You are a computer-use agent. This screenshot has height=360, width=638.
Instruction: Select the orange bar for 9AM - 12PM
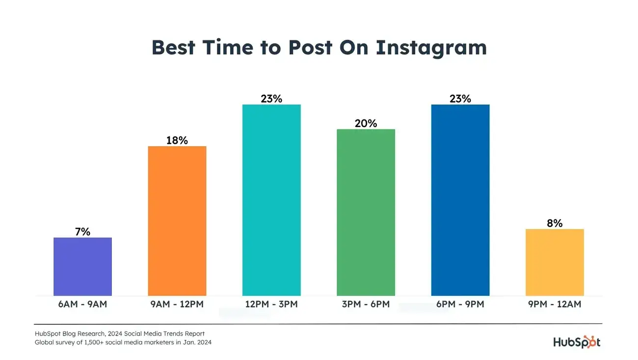(177, 221)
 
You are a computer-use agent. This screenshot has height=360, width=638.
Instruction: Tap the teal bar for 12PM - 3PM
(271, 200)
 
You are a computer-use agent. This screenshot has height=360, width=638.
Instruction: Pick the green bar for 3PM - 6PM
(366, 212)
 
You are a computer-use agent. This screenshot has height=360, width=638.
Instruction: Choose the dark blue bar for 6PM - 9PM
(460, 200)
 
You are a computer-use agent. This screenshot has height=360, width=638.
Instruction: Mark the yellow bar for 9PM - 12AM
(555, 262)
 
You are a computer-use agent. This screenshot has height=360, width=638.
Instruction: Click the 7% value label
(82, 232)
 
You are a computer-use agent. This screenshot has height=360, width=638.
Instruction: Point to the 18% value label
(177, 140)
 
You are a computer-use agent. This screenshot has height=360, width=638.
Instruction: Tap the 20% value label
(366, 124)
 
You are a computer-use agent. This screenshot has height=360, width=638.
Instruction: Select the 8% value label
(555, 223)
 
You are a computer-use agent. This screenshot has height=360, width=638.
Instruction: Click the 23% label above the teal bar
(271, 99)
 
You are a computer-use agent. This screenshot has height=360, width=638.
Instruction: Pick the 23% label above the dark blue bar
(460, 99)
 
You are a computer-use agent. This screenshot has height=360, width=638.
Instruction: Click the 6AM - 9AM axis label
(82, 304)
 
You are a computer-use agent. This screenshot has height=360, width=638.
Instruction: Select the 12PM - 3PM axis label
(271, 304)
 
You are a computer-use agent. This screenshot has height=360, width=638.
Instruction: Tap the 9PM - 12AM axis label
(555, 304)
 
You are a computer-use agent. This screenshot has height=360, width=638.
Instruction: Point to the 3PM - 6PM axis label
(366, 304)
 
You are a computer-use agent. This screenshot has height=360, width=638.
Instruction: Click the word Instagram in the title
(431, 48)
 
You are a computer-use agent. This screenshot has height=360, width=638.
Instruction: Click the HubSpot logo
(577, 341)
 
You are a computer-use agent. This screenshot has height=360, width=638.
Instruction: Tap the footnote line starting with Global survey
(123, 342)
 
